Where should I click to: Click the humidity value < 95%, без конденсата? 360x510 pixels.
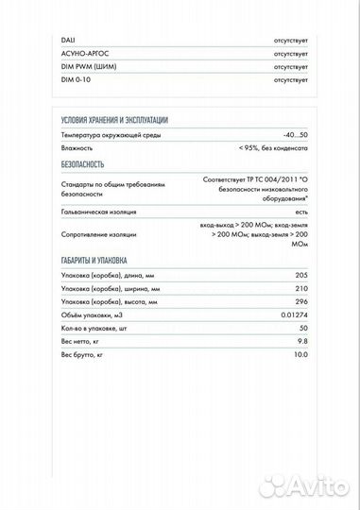click(272, 148)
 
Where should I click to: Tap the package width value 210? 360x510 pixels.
click(301, 288)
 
